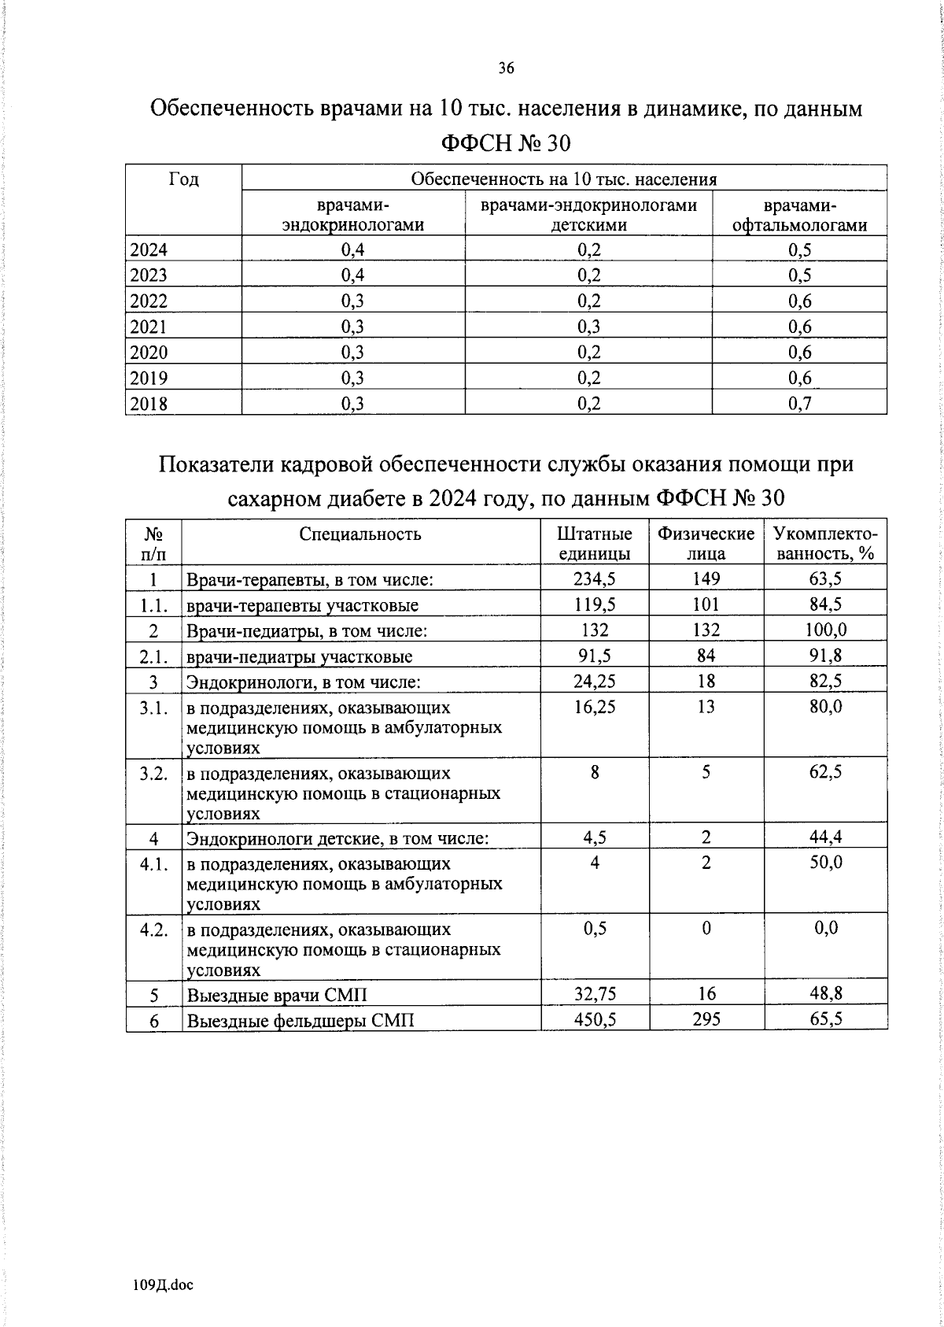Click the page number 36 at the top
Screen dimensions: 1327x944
coord(506,69)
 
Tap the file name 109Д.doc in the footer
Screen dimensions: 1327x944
coord(163,1285)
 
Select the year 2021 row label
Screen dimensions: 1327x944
coord(149,327)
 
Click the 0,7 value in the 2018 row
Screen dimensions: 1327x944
coord(799,404)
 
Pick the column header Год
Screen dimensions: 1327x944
coord(183,179)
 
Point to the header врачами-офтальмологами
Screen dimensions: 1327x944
coord(799,216)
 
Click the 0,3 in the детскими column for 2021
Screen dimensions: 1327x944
coord(588,327)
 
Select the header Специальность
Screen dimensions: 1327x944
coord(360,534)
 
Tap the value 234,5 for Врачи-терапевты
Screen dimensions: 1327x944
coord(594,578)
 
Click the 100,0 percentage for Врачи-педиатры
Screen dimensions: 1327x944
coord(825,630)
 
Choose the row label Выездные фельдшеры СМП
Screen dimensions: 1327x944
coord(300,1021)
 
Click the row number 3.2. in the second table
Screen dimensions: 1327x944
coord(153,773)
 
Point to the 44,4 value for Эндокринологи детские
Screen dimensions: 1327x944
coord(825,837)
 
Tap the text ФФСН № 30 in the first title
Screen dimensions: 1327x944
coord(506,143)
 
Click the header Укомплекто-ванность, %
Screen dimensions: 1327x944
coord(825,543)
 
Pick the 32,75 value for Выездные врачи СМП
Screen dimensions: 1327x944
coord(594,993)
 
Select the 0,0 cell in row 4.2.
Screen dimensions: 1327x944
coord(825,928)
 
